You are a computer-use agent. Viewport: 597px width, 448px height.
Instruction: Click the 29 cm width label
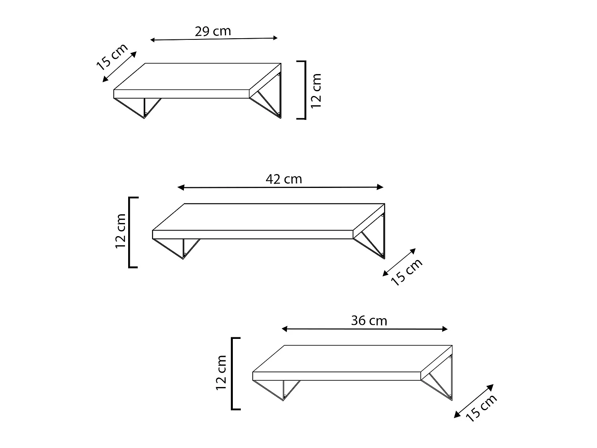point(213,31)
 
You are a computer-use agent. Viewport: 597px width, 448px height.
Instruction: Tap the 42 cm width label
point(284,179)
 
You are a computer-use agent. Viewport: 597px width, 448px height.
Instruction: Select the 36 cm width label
point(369,320)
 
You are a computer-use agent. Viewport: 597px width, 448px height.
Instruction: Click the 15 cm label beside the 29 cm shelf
point(112,56)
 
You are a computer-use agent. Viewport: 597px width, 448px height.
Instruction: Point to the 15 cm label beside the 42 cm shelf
point(406,272)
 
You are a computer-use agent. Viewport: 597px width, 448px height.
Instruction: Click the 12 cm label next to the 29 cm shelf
point(316,91)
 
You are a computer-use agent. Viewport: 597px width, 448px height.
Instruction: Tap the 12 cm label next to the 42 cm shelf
point(121,231)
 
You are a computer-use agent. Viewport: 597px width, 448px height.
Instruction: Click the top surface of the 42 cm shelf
point(269,217)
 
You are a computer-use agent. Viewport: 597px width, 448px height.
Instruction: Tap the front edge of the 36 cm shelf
point(337,376)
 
